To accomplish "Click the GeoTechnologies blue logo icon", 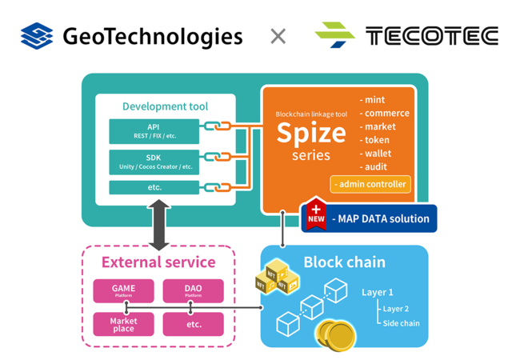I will pos(37,36).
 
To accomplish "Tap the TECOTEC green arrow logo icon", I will pos(334,36).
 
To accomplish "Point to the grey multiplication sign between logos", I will pos(278,36).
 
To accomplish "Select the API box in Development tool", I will pos(154,131).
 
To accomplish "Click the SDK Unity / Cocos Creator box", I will pos(154,162).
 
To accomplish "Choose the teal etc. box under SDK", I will pos(154,187).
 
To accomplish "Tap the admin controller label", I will pos(370,184).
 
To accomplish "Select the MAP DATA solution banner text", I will pos(380,218).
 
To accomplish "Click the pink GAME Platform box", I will pos(123,291).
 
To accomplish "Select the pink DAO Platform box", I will pos(193,291).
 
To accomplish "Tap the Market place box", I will pos(123,324).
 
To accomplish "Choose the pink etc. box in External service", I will pos(193,324).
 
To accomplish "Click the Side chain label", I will pos(400,323).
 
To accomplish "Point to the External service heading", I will pos(158,262).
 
